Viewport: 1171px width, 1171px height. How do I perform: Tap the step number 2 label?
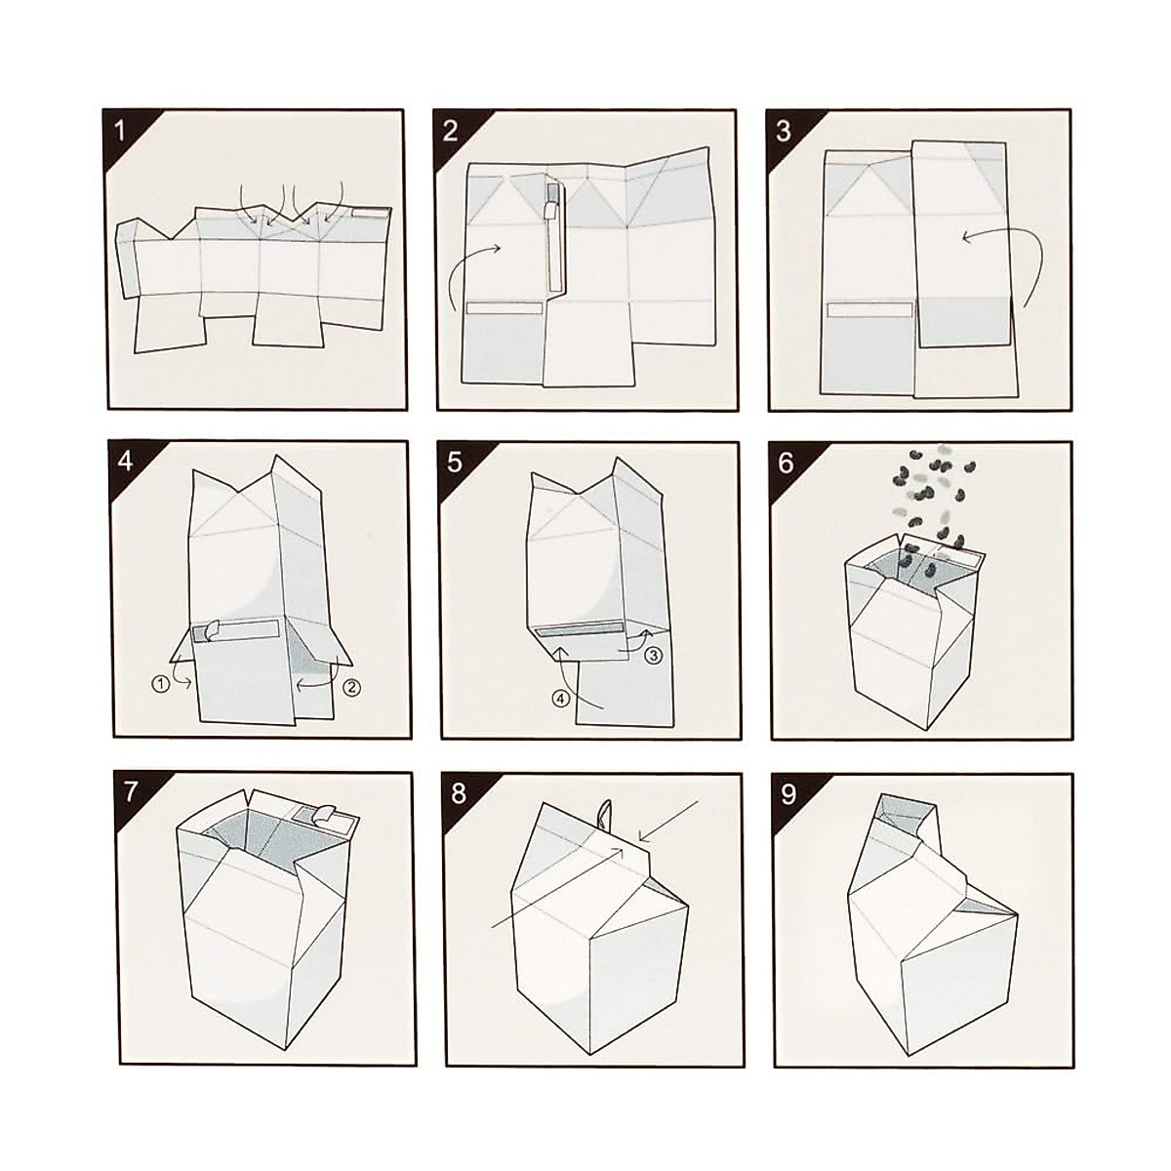pos(451,130)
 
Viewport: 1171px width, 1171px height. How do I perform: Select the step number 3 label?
pos(784,130)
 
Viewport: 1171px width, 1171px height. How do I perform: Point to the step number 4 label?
pos(124,461)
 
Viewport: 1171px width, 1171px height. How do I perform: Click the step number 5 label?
pos(455,462)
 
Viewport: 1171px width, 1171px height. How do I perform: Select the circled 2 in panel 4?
pos(352,687)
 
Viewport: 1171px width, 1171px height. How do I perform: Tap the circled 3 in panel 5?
pos(654,656)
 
